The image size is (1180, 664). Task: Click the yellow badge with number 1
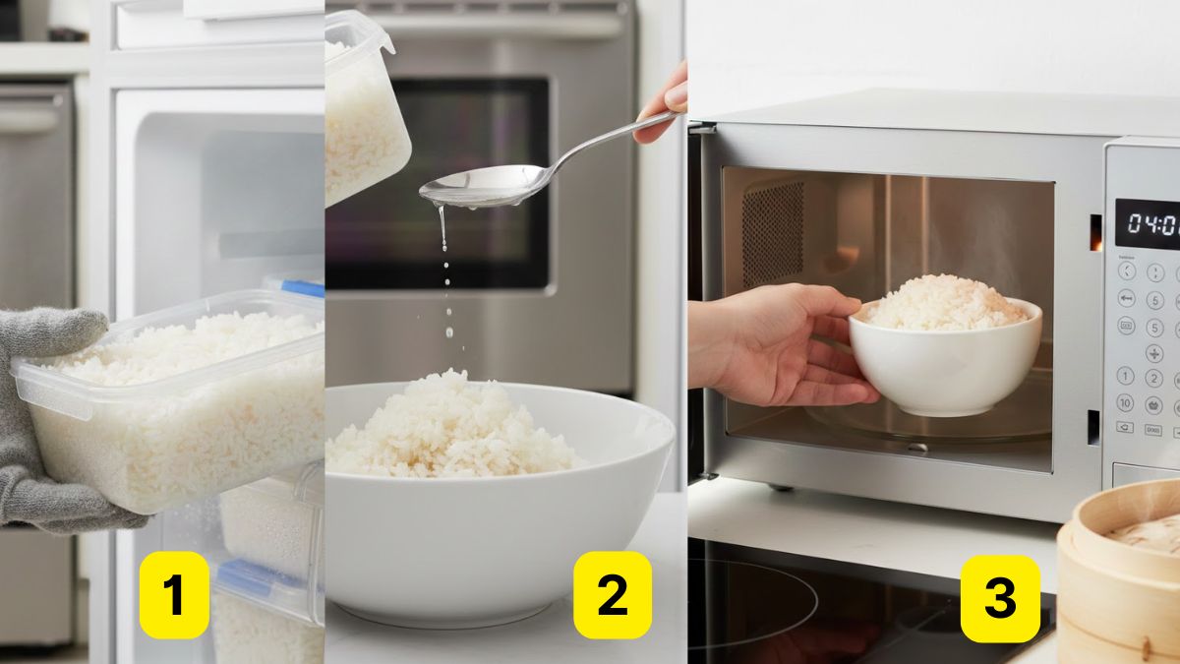point(174,595)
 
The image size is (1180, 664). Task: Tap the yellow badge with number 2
point(612,595)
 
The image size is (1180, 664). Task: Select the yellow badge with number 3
point(1000,598)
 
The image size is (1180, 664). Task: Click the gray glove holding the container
point(49,423)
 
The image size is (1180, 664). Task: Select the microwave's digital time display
point(1147,223)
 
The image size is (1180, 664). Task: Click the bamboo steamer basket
point(1121,580)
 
